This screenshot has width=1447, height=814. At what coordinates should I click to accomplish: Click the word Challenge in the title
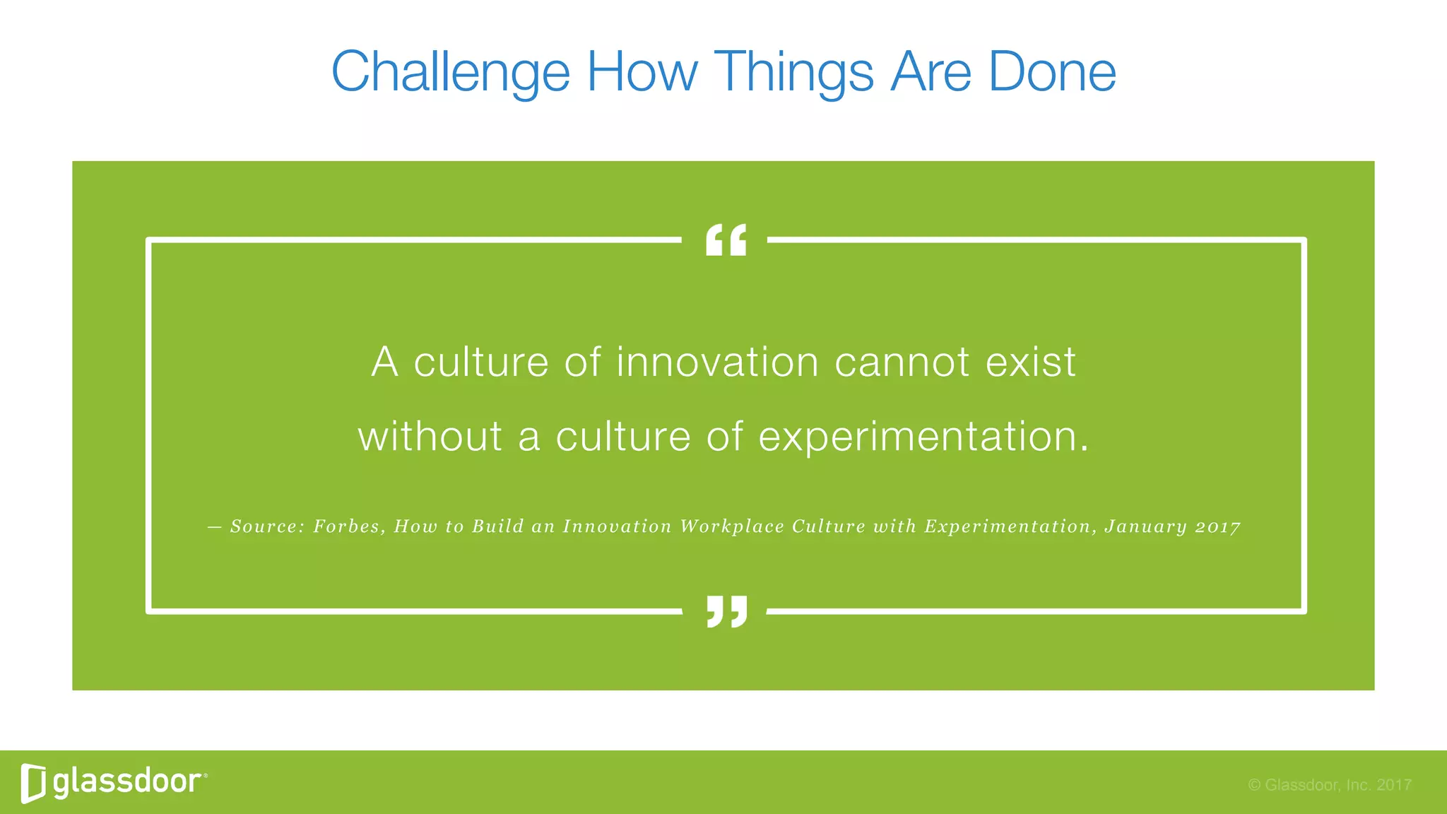coord(450,72)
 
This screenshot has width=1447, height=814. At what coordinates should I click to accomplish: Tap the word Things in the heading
coord(793,72)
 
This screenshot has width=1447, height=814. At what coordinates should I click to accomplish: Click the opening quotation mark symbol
coord(726,240)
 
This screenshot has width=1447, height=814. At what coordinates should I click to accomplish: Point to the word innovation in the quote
coord(717,362)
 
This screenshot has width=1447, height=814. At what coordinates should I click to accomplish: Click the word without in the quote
coord(430,436)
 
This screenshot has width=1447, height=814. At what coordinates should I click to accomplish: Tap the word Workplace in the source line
coord(731,526)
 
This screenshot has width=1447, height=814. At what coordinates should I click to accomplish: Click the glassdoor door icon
coord(33,783)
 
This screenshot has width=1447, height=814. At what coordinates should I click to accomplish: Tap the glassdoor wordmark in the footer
coord(128,781)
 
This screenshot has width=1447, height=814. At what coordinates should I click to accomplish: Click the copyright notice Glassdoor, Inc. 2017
coord(1329,784)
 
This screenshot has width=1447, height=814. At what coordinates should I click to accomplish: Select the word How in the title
coord(642,72)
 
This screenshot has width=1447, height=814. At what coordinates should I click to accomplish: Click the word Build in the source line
coord(498,526)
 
